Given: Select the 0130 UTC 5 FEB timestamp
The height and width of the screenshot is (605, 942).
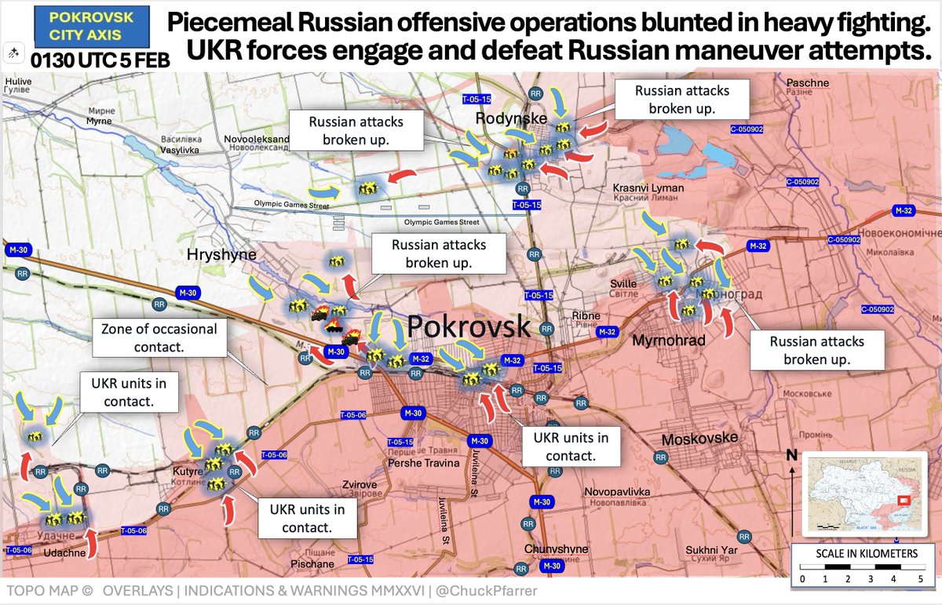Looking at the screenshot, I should [x=100, y=60].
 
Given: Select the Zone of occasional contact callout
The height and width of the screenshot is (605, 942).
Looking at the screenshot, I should [x=159, y=337].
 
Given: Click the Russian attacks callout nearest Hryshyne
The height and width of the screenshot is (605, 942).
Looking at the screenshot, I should [x=439, y=253].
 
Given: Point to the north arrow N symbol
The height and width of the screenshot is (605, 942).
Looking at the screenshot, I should [x=792, y=455].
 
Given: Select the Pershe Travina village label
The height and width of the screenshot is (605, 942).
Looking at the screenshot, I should [x=423, y=463].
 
